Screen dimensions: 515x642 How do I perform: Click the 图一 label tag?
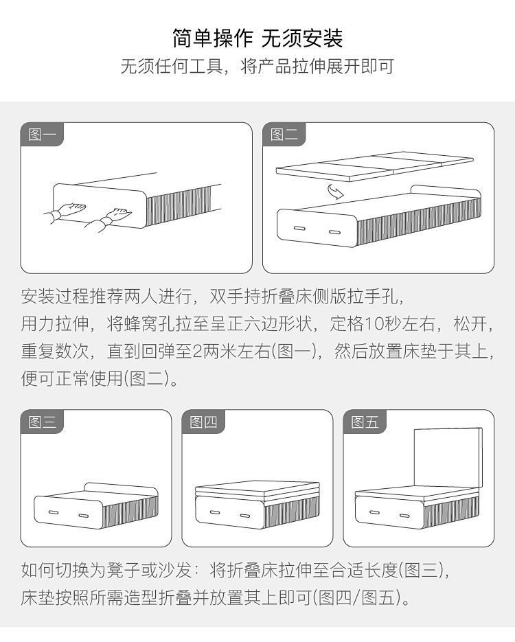tap(42, 134)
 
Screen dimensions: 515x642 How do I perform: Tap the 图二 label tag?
tap(284, 134)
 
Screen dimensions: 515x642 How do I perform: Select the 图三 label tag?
tap(42, 422)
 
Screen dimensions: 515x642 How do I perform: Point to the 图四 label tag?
tap(203, 422)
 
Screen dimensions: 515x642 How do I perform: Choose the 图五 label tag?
tap(365, 422)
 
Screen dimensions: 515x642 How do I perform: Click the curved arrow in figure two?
tap(335, 191)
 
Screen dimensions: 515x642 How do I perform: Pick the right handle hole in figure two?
tap(335, 232)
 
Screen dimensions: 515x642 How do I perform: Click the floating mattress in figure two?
tap(375, 166)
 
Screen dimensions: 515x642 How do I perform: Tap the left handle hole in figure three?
tap(54, 512)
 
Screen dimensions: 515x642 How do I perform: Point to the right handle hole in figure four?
tap(245, 516)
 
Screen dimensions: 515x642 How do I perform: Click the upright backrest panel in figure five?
tap(448, 458)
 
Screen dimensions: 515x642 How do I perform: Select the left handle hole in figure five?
tap(374, 512)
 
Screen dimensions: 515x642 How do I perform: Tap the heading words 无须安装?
tap(302, 38)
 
